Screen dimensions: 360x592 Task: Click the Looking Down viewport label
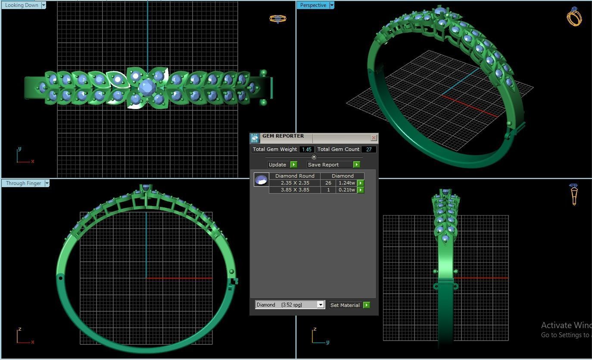point(21,5)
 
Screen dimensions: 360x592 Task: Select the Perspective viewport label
point(313,5)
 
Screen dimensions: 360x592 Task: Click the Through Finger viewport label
point(23,183)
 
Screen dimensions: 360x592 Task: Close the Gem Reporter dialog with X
point(374,138)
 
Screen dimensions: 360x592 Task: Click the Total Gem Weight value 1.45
point(306,150)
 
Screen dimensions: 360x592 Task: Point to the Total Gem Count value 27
point(369,150)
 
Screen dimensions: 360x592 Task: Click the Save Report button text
point(323,165)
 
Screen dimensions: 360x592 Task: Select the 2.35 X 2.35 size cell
point(295,183)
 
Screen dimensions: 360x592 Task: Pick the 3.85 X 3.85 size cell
point(295,190)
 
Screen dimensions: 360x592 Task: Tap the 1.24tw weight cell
point(346,183)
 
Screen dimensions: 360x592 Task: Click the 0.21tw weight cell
point(346,190)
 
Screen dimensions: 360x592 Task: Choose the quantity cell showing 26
point(328,183)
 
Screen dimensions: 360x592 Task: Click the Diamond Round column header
point(295,176)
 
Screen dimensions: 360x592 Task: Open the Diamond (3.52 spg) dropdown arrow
point(321,305)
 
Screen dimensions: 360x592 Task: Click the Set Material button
point(345,305)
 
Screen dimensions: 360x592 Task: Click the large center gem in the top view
point(147,87)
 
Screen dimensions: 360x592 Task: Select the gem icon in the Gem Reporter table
point(261,179)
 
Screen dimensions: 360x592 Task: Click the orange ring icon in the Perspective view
point(574,17)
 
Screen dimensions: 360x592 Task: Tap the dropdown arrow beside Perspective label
point(332,5)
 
